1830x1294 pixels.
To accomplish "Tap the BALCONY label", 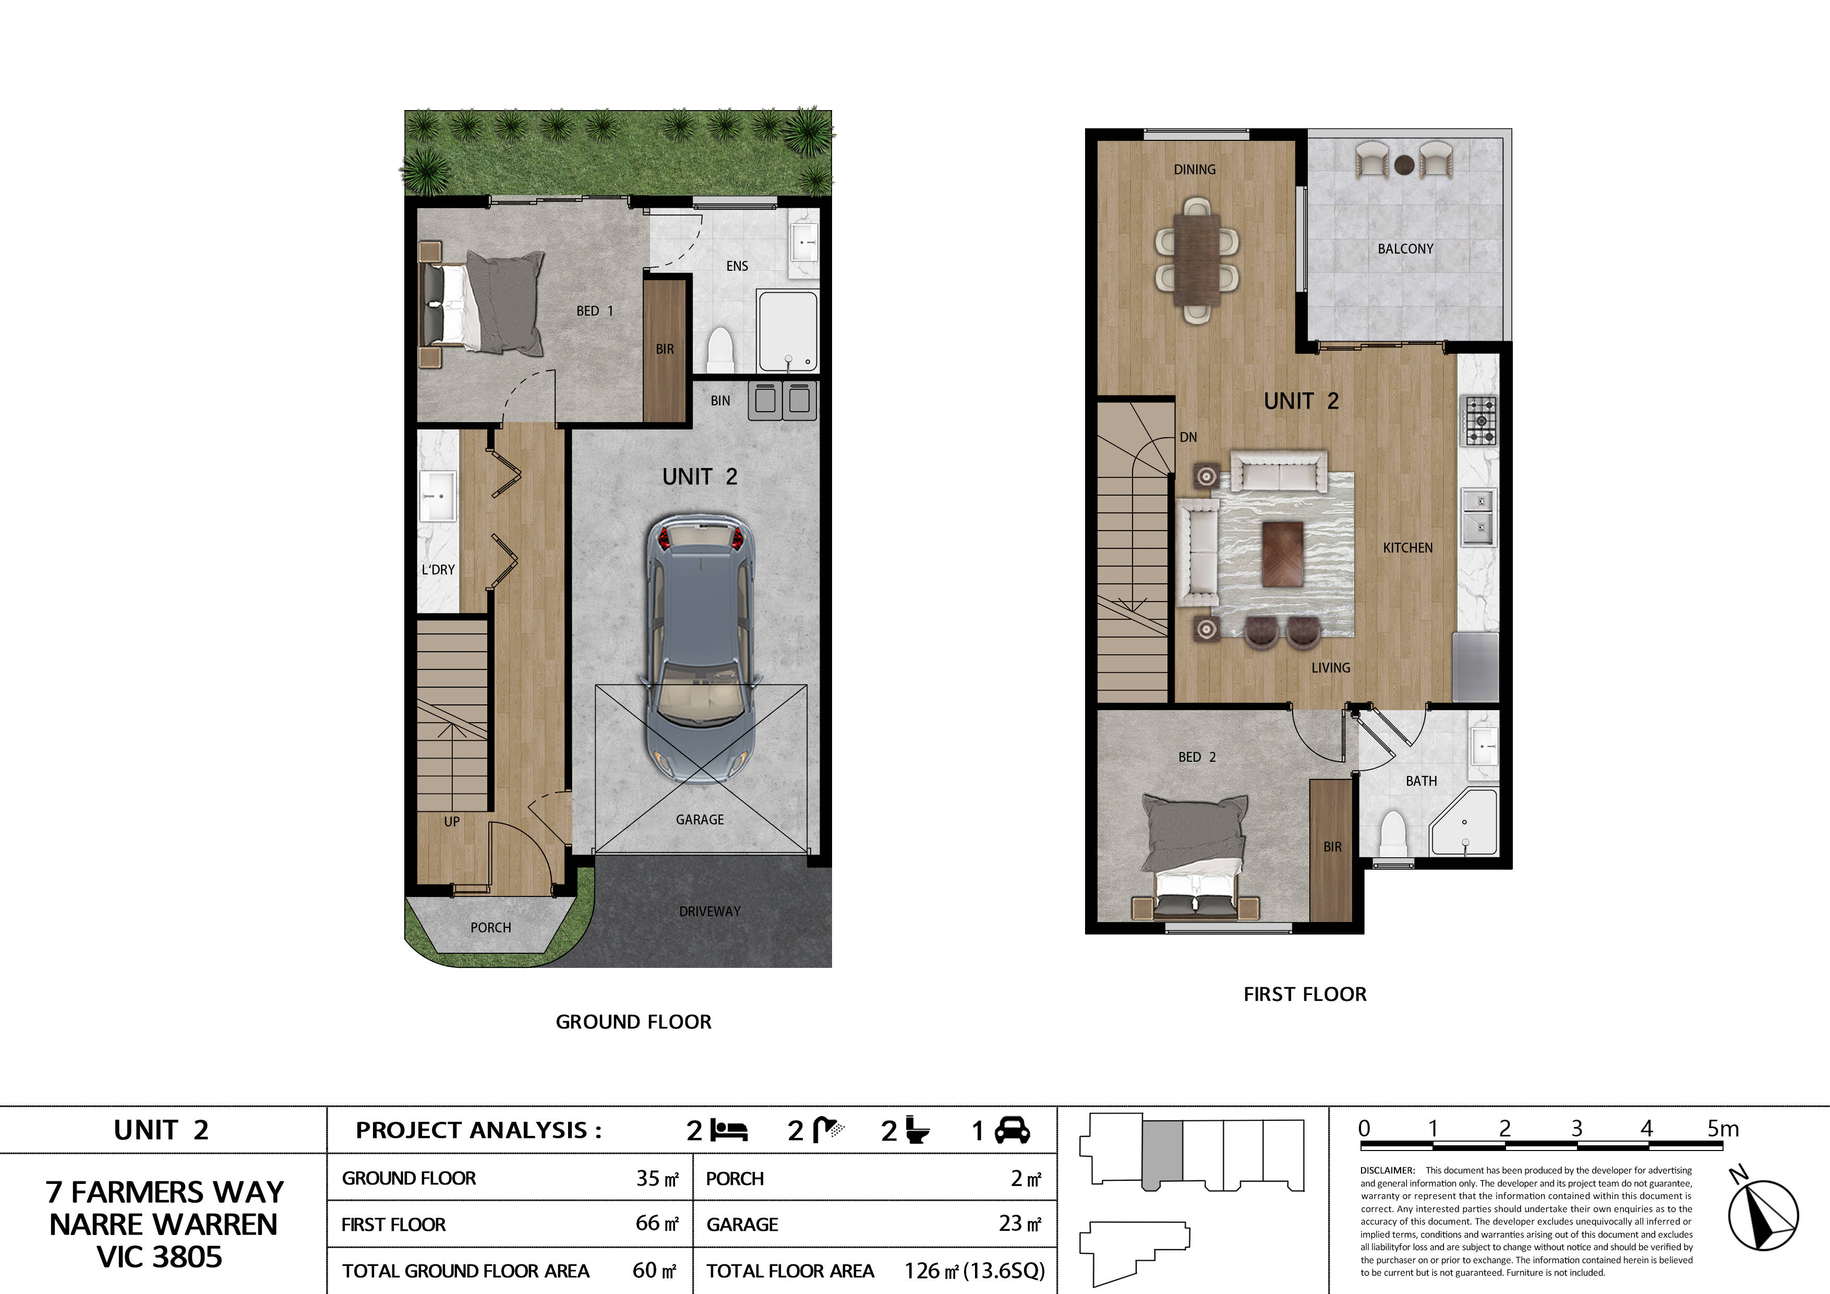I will [1405, 249].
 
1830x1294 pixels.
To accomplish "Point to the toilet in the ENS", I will [720, 351].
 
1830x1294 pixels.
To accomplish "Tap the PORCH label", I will [490, 927].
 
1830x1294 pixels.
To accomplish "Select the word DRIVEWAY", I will [709, 912].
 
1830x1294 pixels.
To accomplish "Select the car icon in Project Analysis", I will [1012, 1131].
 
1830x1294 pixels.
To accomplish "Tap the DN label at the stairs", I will [1188, 437].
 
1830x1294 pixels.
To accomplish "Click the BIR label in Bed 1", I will [665, 349].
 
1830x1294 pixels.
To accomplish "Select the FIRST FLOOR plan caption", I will [1305, 994].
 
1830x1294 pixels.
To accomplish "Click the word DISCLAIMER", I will [1387, 1170].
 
